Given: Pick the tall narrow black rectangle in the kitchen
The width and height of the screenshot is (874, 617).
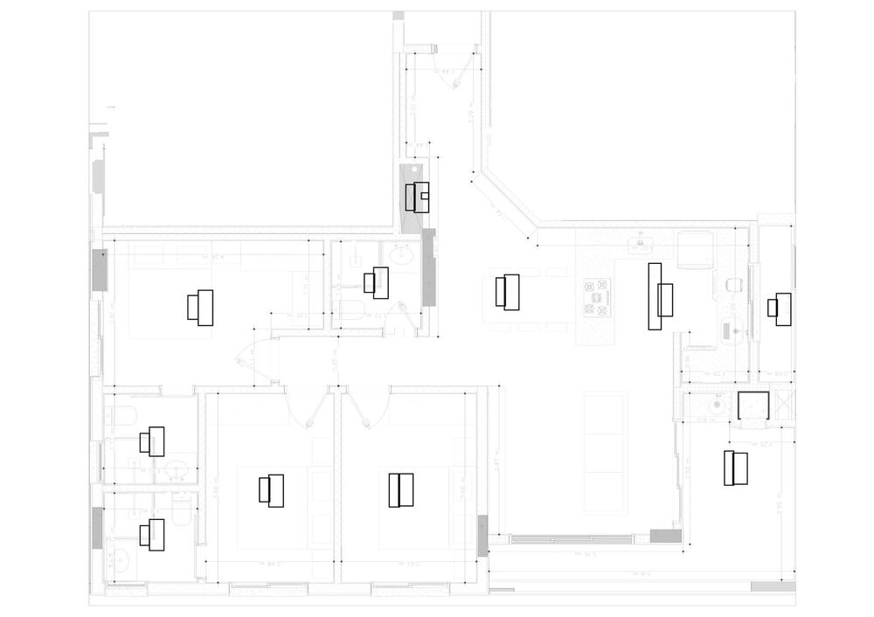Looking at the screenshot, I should (654, 296).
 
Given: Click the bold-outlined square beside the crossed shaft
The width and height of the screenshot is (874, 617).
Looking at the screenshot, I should (752, 407).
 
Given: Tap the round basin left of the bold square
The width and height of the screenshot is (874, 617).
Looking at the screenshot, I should (717, 404).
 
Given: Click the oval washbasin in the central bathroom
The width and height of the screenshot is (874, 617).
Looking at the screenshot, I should (401, 256).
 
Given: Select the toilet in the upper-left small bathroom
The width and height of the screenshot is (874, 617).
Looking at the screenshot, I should (122, 415).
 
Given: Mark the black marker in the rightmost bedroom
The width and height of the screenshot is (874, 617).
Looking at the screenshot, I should (735, 468).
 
